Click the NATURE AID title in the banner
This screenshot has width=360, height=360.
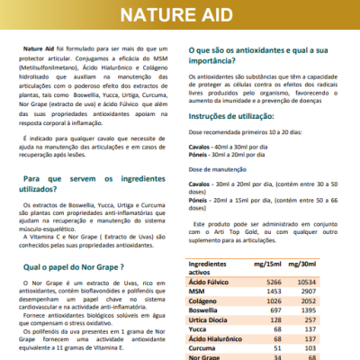tap(180, 16)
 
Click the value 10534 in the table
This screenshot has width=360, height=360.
tap(311, 282)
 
